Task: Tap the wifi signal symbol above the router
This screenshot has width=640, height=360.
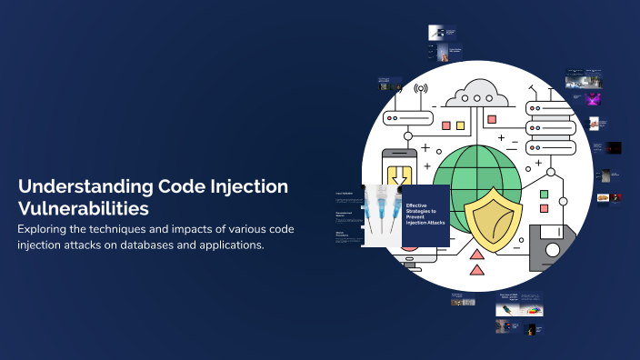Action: tap(420, 90)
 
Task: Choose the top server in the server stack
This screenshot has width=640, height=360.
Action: tap(548, 109)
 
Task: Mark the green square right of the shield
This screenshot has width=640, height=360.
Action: tap(544, 195)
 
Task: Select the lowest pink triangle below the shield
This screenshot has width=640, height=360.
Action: tap(476, 268)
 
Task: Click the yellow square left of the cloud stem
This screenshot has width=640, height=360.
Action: tap(460, 125)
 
